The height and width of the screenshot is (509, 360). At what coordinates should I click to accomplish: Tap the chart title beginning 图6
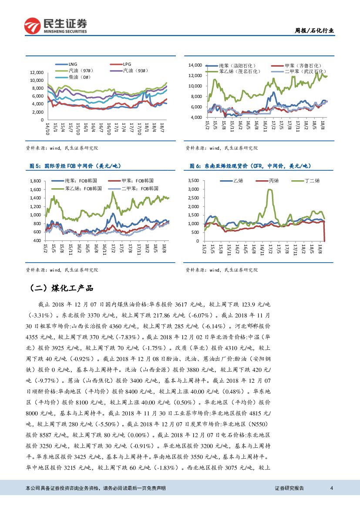coord(250,166)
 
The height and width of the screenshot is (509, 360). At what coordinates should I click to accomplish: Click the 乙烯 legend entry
coord(238,180)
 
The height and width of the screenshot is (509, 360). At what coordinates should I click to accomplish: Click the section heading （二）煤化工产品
coord(60,289)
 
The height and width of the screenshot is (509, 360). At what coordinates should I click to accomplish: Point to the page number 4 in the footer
coord(332,488)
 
